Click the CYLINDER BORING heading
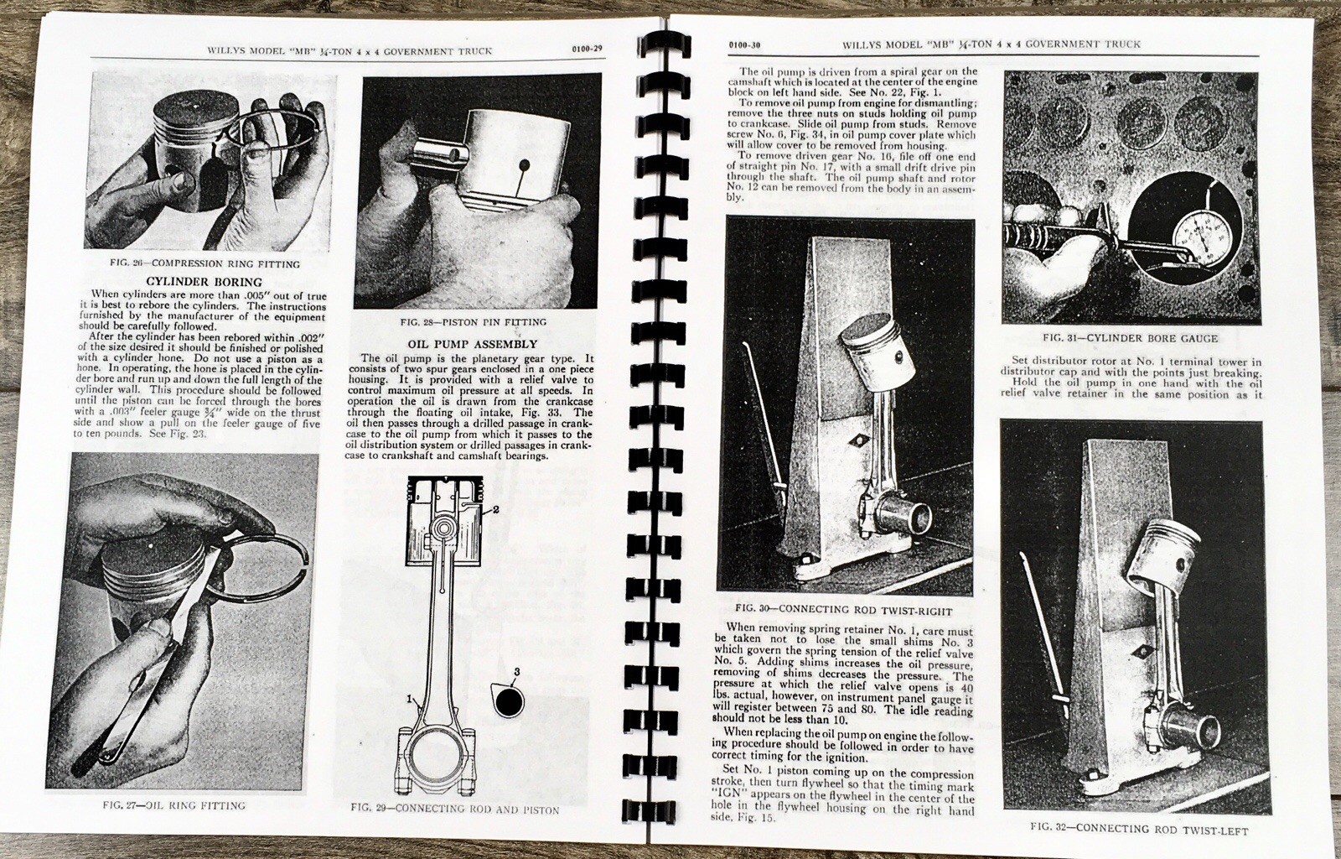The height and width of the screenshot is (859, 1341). click(205, 282)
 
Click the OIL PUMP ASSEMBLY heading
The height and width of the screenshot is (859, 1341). click(472, 344)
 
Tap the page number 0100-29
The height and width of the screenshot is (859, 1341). click(585, 49)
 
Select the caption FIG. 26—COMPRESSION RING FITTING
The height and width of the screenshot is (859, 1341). click(205, 263)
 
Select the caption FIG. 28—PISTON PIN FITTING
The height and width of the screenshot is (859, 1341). click(474, 322)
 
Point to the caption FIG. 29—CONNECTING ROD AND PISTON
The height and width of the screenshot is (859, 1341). click(454, 810)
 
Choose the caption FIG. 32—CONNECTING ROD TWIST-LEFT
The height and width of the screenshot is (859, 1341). click(1139, 831)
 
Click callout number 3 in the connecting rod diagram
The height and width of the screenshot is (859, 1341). click(517, 671)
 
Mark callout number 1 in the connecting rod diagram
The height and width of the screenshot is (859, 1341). click(410, 698)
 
